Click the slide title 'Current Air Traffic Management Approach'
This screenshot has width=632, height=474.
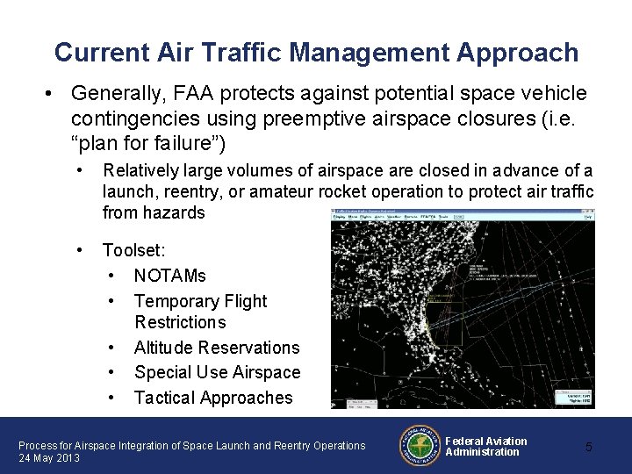tap(316, 53)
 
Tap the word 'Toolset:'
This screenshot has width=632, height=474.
tap(134, 250)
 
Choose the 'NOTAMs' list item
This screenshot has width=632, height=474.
tap(169, 276)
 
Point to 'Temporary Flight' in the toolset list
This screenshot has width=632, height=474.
tap(200, 301)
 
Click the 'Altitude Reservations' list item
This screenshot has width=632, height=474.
tap(216, 348)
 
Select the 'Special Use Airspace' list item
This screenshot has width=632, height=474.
tap(217, 372)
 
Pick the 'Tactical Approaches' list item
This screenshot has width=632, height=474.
tap(213, 398)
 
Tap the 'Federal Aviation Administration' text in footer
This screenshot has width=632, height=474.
tap(485, 446)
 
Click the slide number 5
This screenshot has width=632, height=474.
tap(589, 447)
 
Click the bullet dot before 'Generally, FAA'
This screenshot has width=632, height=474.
tap(54, 93)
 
